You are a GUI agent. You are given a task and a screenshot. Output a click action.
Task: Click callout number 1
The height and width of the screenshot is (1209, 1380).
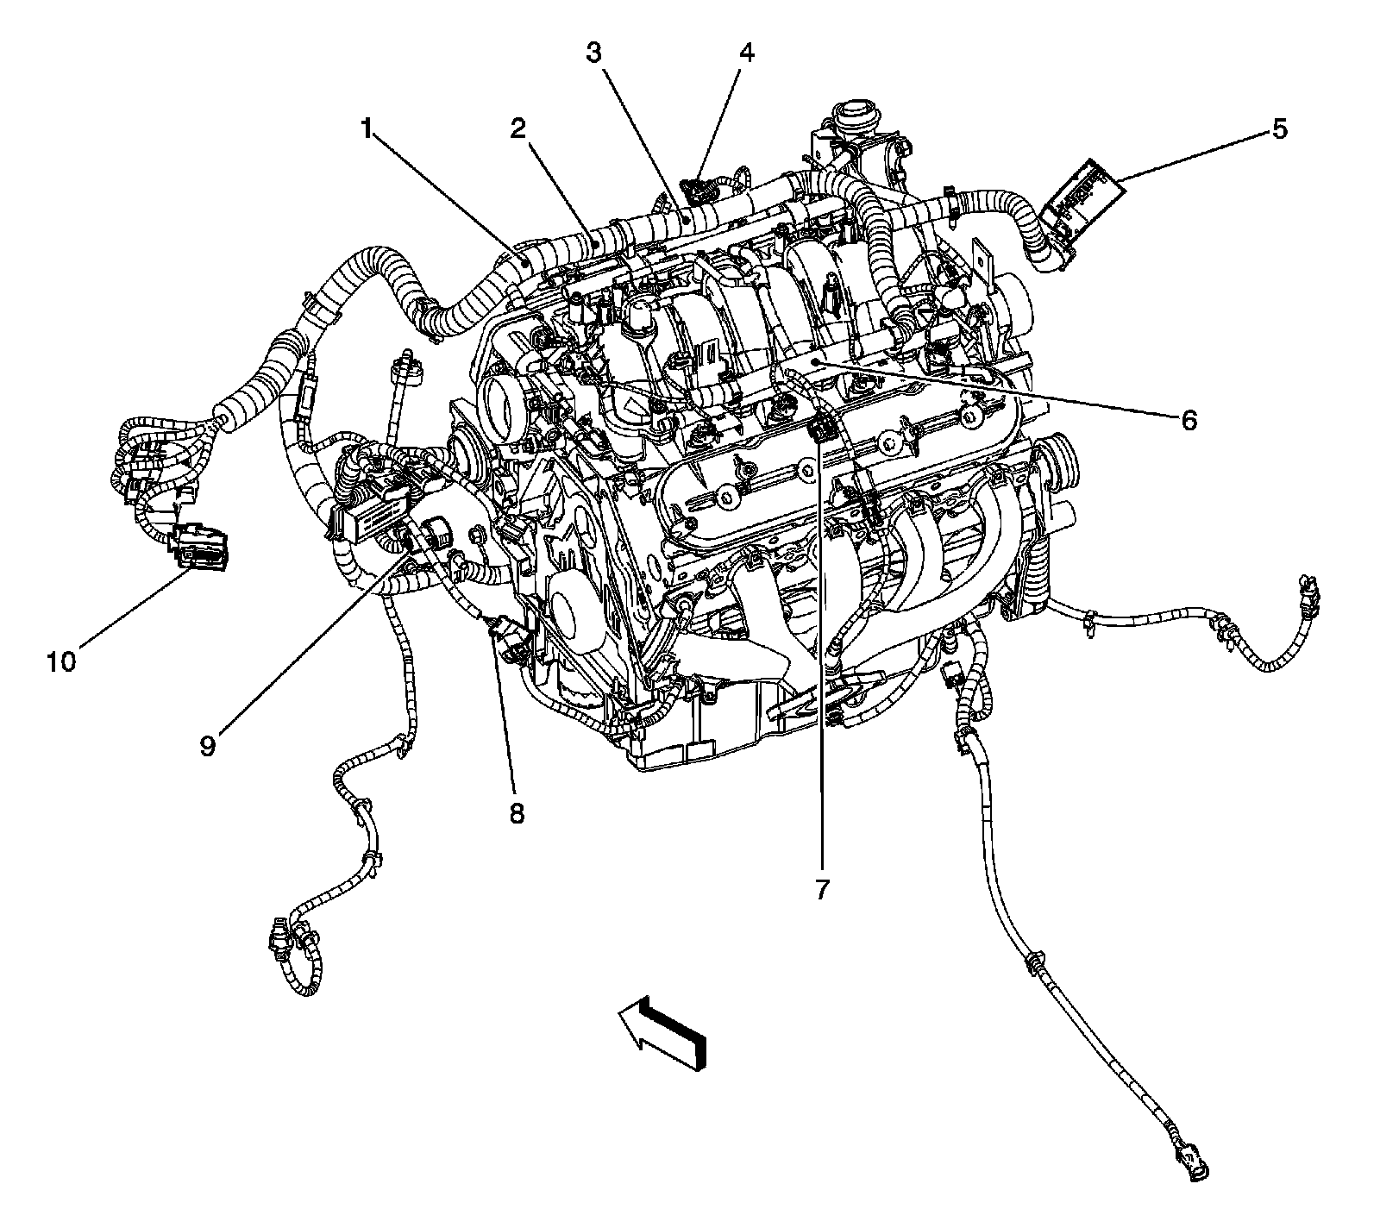[x=367, y=129]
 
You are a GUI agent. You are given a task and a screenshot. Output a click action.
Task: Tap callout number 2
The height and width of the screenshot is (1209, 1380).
[x=517, y=129]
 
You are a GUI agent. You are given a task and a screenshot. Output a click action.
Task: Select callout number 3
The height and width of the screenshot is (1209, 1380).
[x=593, y=53]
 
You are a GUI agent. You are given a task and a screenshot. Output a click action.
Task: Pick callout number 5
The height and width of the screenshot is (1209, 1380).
[x=1278, y=129]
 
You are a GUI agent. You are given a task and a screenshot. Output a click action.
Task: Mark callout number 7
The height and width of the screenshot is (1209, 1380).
[x=821, y=888]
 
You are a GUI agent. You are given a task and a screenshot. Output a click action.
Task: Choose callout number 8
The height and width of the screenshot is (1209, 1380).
[x=516, y=812]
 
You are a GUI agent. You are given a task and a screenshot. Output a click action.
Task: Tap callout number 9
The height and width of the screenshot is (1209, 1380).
[x=208, y=745]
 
